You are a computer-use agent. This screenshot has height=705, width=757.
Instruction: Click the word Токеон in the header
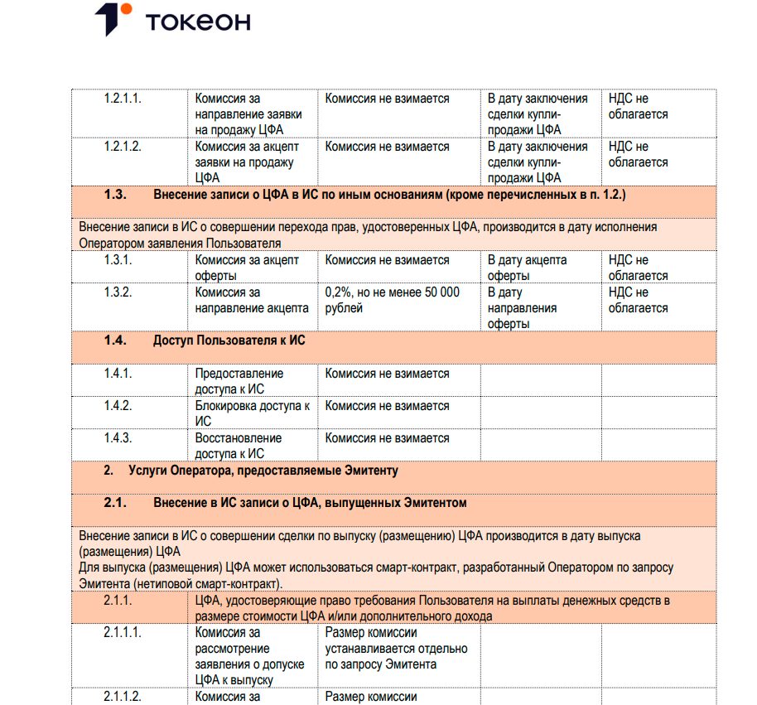[x=198, y=22]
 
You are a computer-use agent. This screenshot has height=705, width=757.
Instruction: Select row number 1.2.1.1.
[x=123, y=99]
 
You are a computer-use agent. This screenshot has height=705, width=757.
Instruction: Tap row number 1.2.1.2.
[x=123, y=147]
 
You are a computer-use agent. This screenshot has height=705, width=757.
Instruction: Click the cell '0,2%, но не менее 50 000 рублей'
[x=392, y=300]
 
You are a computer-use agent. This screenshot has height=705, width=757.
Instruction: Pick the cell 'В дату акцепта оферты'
[x=527, y=268]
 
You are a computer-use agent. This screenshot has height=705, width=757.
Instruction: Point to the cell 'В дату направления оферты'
[x=522, y=308]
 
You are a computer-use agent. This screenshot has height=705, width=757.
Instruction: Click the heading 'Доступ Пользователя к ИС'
[x=229, y=340]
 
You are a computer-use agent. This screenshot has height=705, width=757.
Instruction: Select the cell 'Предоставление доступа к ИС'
[x=239, y=381]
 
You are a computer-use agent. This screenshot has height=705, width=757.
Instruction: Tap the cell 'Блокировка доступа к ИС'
[x=252, y=413]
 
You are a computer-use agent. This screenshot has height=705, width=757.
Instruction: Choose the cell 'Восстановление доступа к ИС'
[x=239, y=446]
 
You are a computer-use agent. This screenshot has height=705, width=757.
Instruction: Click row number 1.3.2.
[x=118, y=292]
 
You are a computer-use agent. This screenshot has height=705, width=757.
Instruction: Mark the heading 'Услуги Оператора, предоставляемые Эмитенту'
[x=263, y=471]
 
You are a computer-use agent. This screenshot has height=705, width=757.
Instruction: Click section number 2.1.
[x=115, y=503]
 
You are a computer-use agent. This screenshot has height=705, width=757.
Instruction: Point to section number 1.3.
[x=115, y=195]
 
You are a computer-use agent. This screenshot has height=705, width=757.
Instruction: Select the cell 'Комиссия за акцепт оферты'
[x=247, y=268]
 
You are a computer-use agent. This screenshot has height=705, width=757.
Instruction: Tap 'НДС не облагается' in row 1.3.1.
[x=638, y=268]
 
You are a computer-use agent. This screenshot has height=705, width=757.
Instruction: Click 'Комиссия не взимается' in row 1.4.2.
[x=387, y=406]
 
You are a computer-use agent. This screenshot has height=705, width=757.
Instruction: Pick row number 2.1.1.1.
[x=123, y=633]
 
